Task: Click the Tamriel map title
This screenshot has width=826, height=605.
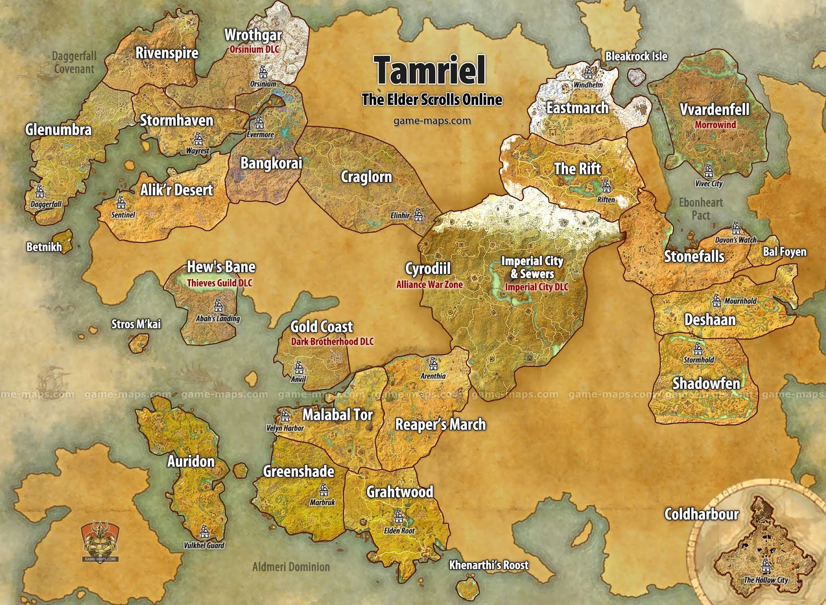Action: [x=430, y=70]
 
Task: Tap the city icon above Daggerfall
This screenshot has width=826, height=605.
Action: [x=40, y=192]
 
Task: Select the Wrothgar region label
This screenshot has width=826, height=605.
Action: [x=253, y=35]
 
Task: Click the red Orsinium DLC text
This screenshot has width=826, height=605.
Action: [x=254, y=50]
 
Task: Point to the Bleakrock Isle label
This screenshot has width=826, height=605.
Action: [x=636, y=56]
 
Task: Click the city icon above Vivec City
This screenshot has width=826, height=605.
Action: [x=708, y=170]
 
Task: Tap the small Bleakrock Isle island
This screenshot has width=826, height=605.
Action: [x=637, y=77]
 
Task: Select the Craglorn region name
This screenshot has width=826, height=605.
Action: [x=366, y=177]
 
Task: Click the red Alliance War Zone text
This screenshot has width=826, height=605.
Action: [x=429, y=284]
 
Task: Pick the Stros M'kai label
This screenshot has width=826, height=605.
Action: [x=136, y=324]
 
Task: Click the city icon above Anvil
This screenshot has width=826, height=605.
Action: [x=298, y=368]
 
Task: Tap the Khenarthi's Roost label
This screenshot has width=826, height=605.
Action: [x=488, y=565]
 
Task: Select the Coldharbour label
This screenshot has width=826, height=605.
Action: [x=701, y=514]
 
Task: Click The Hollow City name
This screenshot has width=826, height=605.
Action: [x=766, y=580]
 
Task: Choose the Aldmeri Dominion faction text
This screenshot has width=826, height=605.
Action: [x=291, y=567]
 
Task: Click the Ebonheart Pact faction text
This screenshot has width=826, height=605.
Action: [x=701, y=209]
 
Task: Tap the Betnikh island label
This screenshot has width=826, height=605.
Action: [x=44, y=247]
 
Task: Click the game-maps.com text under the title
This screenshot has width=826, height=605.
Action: [x=432, y=121]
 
